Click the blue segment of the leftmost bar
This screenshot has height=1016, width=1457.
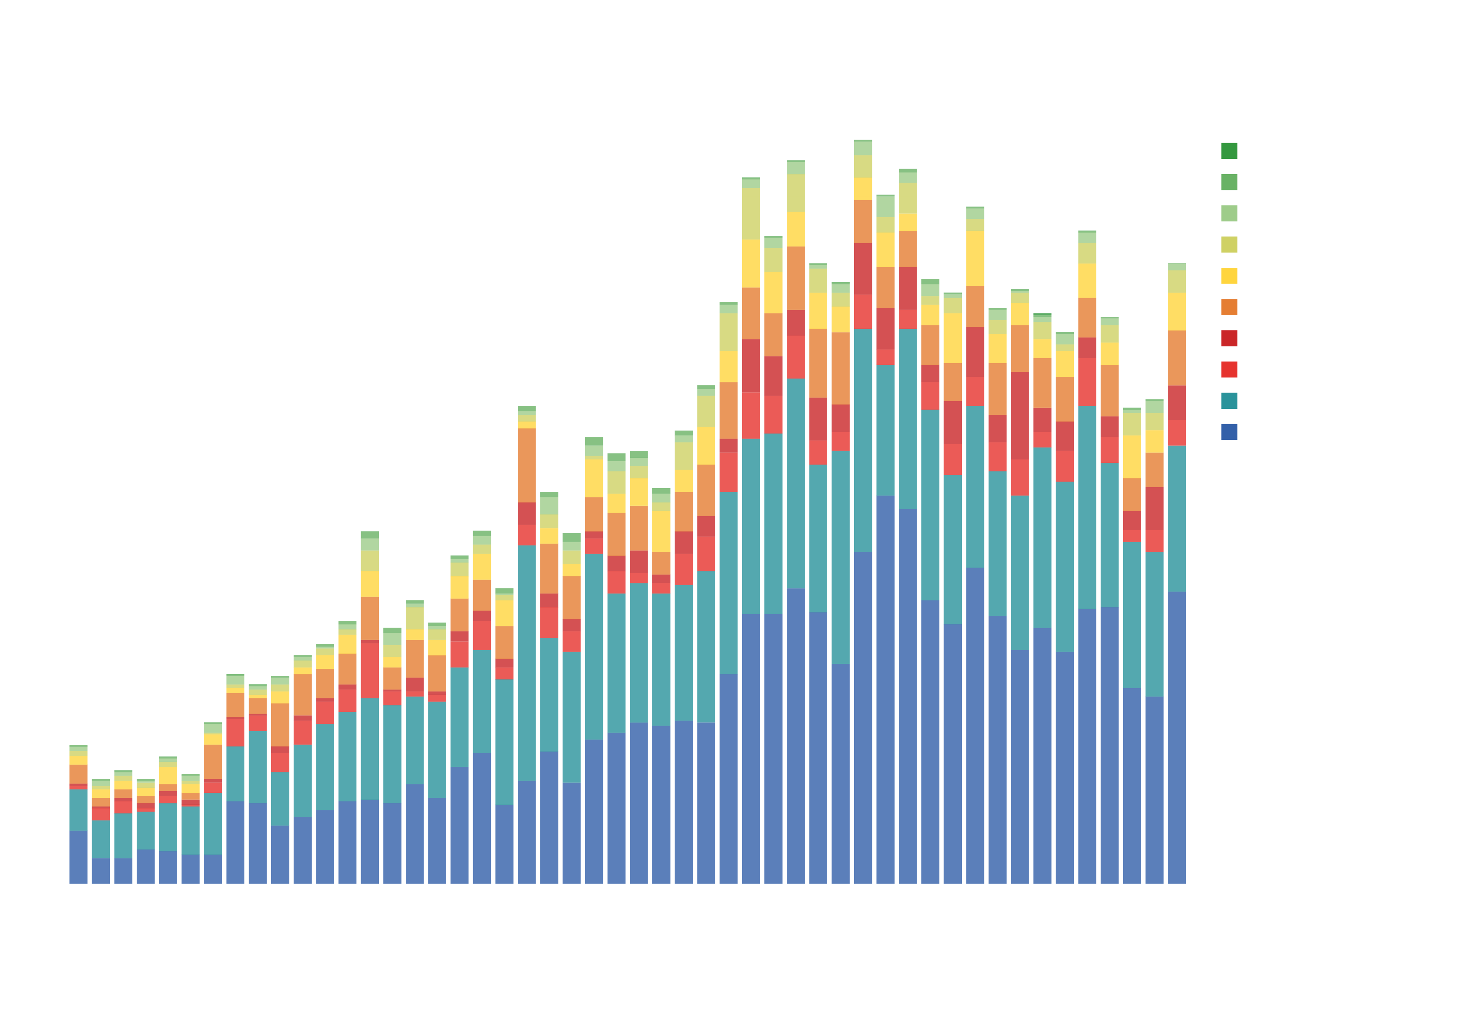point(78,857)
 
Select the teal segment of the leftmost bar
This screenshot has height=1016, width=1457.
point(78,810)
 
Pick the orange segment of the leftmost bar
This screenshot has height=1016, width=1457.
point(78,774)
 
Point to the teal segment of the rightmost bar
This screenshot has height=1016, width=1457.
point(1176,519)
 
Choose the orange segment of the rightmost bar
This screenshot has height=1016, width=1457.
point(1176,358)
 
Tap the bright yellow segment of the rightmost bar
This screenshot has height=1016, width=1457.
point(1176,312)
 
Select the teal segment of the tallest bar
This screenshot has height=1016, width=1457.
point(862,440)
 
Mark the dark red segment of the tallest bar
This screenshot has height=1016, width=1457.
point(862,268)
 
